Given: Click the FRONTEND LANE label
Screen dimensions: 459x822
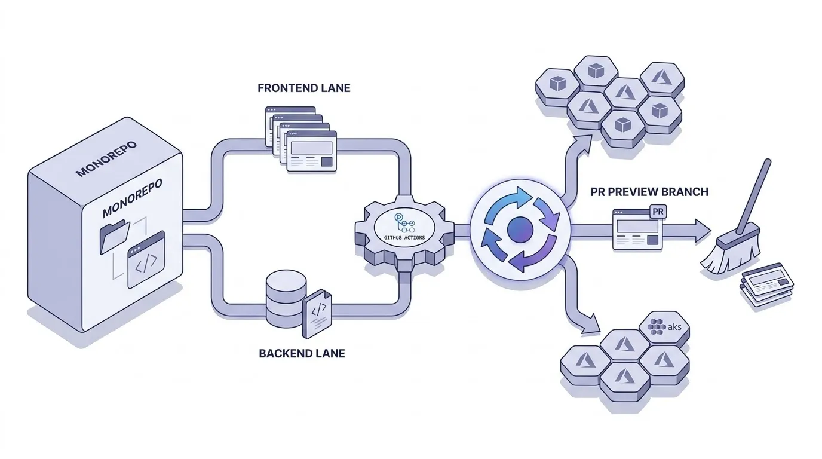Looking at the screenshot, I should click(303, 88).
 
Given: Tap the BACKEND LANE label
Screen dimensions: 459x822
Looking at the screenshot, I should click(302, 353).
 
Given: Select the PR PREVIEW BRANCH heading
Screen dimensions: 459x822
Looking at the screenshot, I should click(649, 192).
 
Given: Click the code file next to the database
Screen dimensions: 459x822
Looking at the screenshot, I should click(318, 314).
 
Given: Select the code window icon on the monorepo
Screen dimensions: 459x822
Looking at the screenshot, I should click(146, 260).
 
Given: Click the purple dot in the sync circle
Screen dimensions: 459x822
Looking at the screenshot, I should click(519, 229).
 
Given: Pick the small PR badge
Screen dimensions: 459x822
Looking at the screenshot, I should click(657, 212).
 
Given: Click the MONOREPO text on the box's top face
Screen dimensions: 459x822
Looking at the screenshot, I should click(106, 158).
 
